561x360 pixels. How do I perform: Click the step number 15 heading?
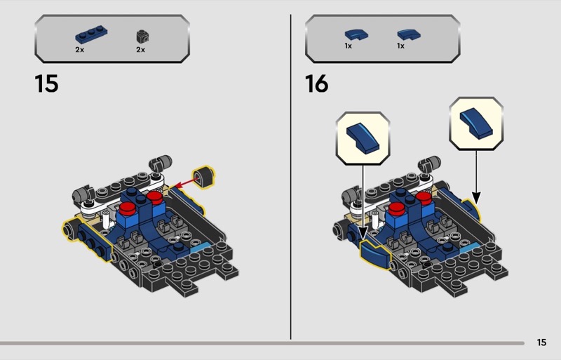[x=46, y=84]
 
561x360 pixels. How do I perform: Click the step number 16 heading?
[x=317, y=84]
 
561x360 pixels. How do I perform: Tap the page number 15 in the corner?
[x=541, y=342]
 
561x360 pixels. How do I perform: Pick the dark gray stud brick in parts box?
[x=142, y=36]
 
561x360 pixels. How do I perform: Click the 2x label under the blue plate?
[x=79, y=50]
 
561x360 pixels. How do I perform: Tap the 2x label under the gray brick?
[x=141, y=50]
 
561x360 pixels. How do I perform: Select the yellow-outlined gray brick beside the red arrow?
[x=204, y=177]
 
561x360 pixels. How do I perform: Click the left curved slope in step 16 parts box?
[x=356, y=35]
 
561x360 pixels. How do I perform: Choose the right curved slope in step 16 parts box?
[x=409, y=34]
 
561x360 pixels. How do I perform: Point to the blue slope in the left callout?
[x=363, y=138]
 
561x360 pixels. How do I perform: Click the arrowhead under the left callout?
[x=363, y=234]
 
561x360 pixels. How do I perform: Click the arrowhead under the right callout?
[x=476, y=198]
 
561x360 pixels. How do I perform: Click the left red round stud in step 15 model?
[x=128, y=208]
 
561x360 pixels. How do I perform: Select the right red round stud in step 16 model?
[x=424, y=198]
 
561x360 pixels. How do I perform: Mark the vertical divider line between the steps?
[x=290, y=177]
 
